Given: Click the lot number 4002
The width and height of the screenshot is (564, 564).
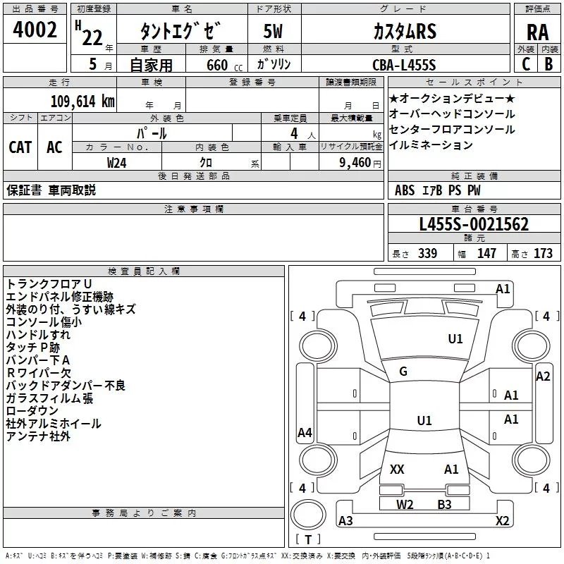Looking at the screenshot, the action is click(x=35, y=30).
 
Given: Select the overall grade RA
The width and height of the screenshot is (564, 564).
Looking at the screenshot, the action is click(x=537, y=32).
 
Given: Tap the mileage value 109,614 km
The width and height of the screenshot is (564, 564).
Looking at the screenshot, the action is click(x=82, y=101).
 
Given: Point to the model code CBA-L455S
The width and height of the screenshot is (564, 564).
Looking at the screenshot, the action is click(x=404, y=65).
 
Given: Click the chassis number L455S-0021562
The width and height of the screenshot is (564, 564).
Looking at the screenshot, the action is click(x=474, y=224).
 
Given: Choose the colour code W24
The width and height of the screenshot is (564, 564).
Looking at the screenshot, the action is click(x=116, y=163).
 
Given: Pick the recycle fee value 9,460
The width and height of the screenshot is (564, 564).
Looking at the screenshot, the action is click(x=355, y=163).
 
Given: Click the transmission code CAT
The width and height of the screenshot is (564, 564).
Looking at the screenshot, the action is click(x=20, y=147).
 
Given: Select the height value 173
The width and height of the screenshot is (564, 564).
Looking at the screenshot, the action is click(x=543, y=254).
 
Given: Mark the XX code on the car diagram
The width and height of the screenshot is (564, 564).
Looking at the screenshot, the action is click(x=397, y=470).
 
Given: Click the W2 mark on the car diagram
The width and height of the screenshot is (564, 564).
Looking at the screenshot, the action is click(x=405, y=505).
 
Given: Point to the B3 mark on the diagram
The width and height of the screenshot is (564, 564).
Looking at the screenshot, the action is click(x=444, y=505).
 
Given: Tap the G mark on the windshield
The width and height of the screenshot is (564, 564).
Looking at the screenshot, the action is click(x=403, y=372).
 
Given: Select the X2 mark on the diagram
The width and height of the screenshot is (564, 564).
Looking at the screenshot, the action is click(x=502, y=520).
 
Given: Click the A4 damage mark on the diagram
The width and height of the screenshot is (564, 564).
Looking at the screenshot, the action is click(x=305, y=432).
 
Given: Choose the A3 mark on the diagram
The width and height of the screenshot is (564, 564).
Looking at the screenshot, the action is click(x=345, y=520).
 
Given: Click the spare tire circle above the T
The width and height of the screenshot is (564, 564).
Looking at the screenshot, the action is click(x=308, y=515).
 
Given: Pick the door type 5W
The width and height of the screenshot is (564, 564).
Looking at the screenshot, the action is click(x=274, y=32).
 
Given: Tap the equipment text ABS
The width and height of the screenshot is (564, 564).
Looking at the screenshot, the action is click(x=405, y=190).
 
